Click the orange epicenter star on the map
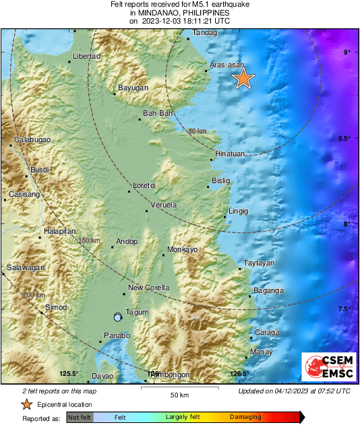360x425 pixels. click(x=243, y=79)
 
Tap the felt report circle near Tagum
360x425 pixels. click(x=118, y=317)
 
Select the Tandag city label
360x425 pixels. click(x=206, y=32)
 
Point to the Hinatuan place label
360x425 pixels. click(x=230, y=154)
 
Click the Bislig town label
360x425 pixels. click(x=220, y=181)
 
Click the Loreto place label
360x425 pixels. click(x=144, y=185)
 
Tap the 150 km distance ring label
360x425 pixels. click(x=89, y=240)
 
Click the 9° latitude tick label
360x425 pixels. click(x=346, y=53)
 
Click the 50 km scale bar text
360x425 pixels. click(x=179, y=394)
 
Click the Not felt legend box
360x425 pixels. click(x=80, y=418)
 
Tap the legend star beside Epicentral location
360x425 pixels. click(x=26, y=404)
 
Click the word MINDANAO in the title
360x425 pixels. click(x=155, y=12)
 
